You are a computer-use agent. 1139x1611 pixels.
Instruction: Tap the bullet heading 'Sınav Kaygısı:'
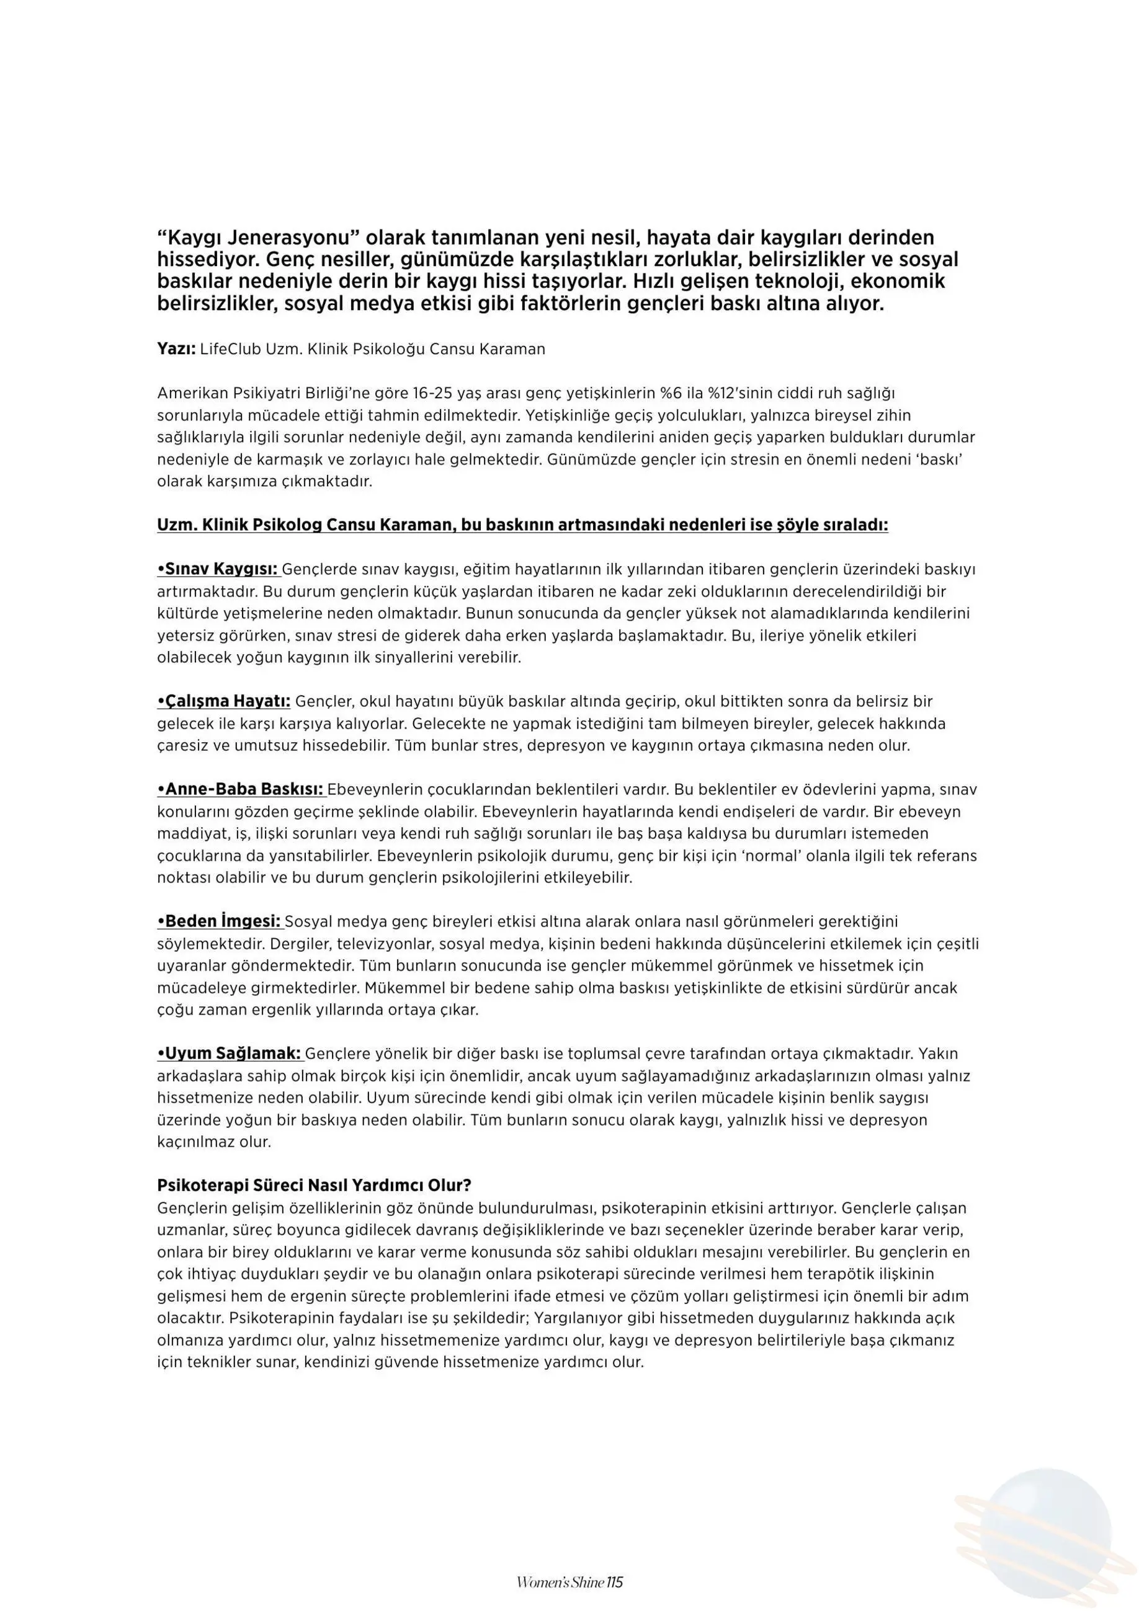point(218,569)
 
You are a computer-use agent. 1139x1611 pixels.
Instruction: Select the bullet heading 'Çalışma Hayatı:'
point(224,701)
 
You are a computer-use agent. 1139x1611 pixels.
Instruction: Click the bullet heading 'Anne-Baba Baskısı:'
point(241,789)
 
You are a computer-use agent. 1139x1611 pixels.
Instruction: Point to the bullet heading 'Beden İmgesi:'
point(219,921)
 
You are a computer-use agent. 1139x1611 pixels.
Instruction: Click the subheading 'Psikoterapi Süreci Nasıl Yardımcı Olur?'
point(314,1186)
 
